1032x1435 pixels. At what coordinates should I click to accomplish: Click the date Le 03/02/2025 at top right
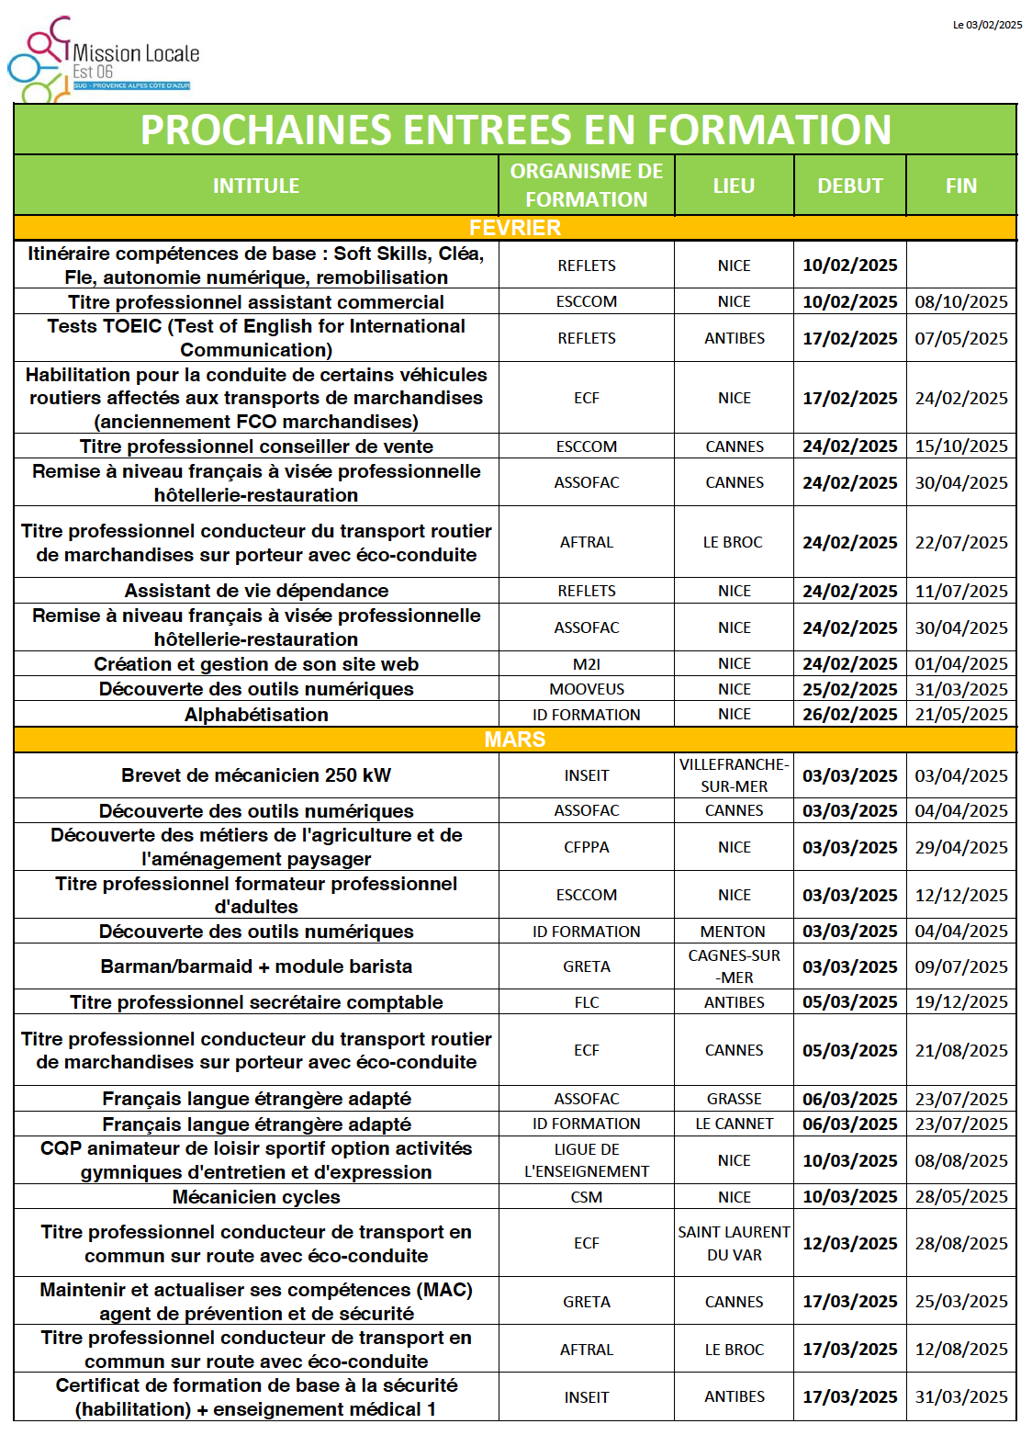[987, 25]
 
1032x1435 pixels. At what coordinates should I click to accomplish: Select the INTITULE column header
[256, 186]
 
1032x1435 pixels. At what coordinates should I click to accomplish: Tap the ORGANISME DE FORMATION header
[586, 186]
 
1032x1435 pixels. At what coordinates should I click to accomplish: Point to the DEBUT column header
[849, 186]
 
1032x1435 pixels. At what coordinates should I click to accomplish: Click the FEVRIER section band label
[515, 228]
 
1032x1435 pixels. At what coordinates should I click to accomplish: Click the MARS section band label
[515, 740]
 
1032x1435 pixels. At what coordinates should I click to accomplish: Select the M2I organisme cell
[586, 663]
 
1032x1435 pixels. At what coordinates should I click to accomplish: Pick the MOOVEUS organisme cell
[586, 689]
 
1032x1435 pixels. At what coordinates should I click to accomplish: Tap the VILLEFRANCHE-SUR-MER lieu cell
[734, 775]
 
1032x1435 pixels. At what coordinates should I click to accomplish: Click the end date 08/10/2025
[960, 301]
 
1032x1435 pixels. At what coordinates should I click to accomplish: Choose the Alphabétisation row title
[256, 715]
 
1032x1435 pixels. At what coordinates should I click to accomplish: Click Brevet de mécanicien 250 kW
[256, 775]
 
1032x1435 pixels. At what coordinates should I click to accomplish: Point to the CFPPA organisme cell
[586, 847]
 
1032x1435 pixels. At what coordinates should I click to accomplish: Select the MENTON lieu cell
[733, 932]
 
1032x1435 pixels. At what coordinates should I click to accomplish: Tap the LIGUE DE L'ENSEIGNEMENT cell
[586, 1160]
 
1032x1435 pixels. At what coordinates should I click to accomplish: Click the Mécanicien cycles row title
[256, 1197]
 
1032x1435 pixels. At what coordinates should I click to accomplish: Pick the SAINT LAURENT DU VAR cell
[734, 1243]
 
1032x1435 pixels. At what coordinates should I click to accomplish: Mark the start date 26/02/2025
[849, 714]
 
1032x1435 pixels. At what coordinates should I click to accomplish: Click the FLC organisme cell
[586, 1002]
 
